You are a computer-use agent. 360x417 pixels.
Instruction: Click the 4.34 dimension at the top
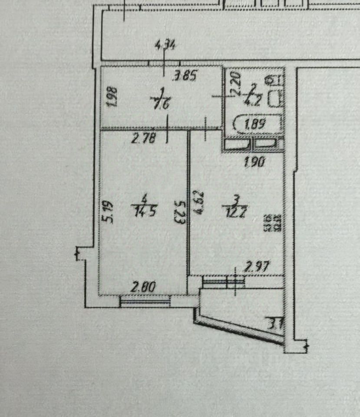click(165, 45)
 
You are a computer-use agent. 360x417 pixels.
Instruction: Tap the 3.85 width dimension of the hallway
click(185, 77)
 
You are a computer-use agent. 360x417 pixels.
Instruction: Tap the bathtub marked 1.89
click(257, 125)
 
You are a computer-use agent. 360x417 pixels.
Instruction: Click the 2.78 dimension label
click(143, 139)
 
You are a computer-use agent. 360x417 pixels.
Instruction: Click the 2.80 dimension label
click(143, 287)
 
